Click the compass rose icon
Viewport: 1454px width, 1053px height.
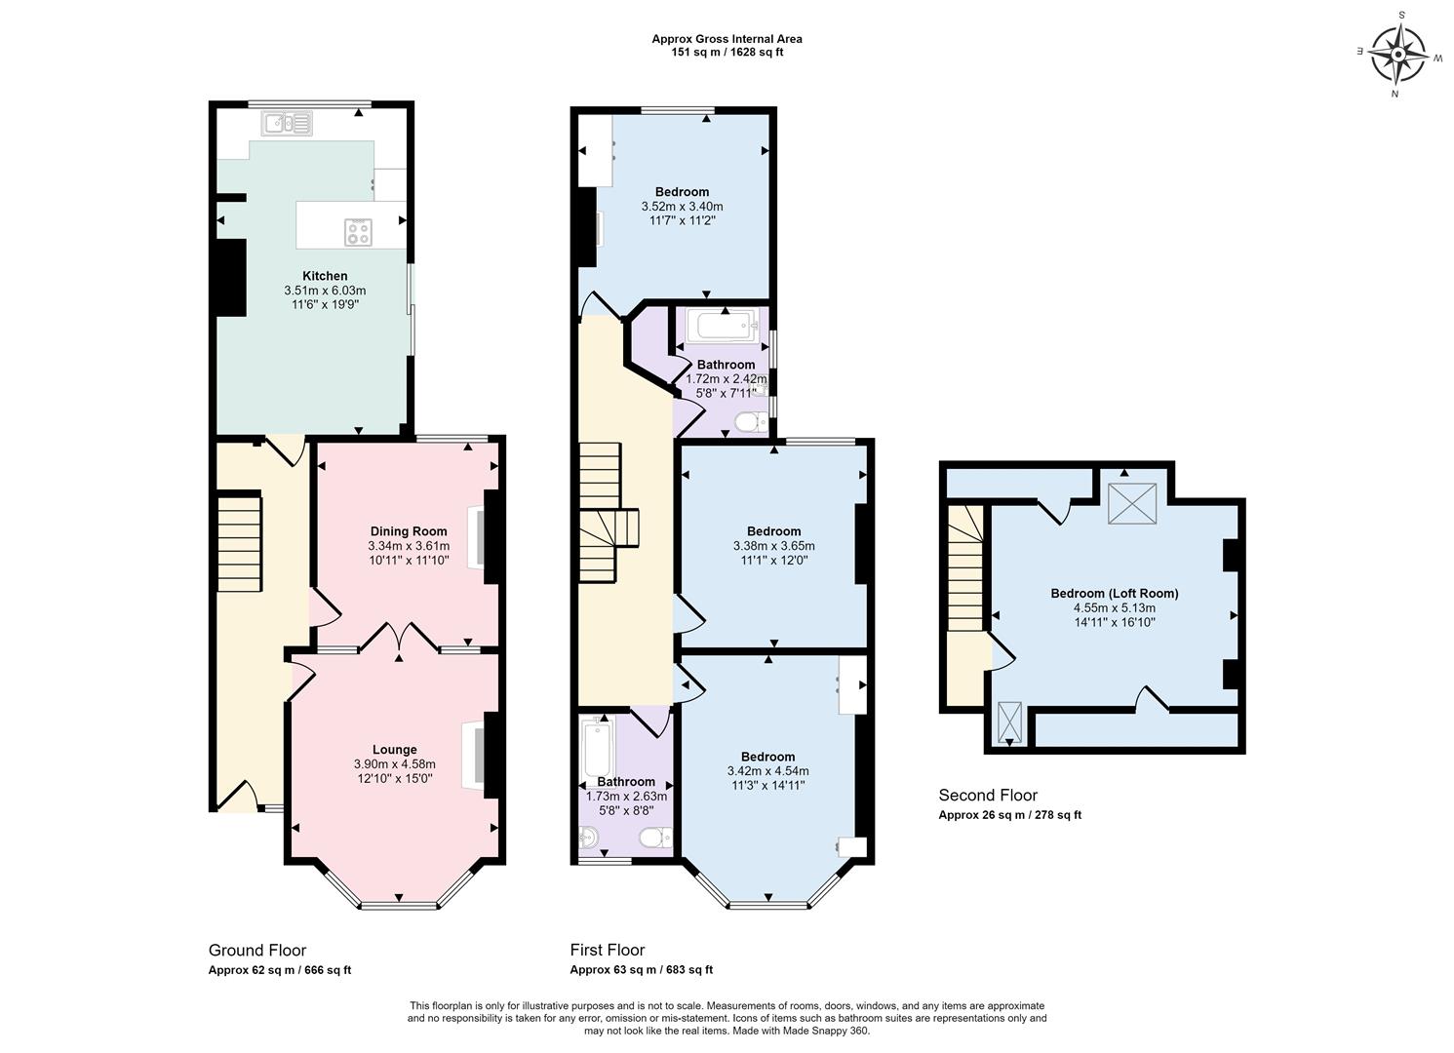(1399, 55)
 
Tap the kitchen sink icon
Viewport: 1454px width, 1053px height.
(286, 123)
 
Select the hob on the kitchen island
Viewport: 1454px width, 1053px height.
(358, 232)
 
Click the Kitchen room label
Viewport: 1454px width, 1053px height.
(325, 276)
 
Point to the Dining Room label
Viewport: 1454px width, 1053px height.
(408, 531)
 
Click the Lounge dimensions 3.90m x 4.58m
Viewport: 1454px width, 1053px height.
(394, 764)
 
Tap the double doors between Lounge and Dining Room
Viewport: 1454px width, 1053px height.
(399, 638)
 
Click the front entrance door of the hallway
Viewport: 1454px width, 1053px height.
(237, 797)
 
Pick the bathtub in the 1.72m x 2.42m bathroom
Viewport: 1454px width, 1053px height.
(723, 327)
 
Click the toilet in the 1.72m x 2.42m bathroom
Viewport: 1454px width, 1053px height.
(749, 422)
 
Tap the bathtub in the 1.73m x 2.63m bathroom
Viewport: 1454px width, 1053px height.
(594, 748)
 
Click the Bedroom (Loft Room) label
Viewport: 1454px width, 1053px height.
(1114, 593)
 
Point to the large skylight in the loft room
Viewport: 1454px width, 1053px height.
(1132, 503)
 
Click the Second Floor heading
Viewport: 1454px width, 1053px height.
(988, 796)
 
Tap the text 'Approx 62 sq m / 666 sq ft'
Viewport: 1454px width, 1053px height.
(280, 970)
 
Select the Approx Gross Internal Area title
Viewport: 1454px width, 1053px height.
(727, 39)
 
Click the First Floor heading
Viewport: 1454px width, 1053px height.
(608, 950)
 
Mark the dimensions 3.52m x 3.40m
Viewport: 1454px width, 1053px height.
(682, 207)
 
